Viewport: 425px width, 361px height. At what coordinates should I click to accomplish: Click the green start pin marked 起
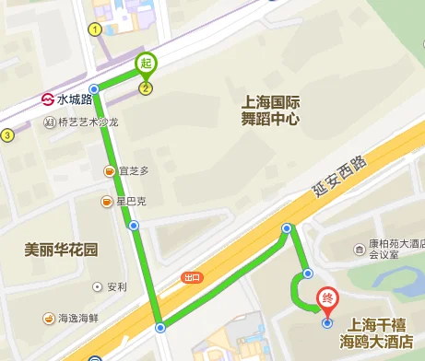click(x=145, y=64)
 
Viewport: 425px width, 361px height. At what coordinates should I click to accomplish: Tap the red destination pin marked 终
click(x=326, y=299)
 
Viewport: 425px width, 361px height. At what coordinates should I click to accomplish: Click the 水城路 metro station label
click(x=75, y=99)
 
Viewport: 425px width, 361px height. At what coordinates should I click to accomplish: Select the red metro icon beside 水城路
click(x=47, y=99)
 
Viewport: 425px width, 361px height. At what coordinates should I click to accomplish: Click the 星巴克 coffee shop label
click(x=131, y=202)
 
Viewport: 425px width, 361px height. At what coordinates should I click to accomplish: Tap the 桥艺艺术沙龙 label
click(x=88, y=122)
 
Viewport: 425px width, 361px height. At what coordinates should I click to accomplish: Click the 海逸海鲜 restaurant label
click(x=78, y=319)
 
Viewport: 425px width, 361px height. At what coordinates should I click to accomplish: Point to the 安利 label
click(x=116, y=286)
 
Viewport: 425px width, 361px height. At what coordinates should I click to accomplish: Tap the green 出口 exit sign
click(x=192, y=276)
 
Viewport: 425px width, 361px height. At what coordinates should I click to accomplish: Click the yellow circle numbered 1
click(x=94, y=29)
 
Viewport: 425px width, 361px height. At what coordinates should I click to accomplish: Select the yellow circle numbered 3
click(x=7, y=135)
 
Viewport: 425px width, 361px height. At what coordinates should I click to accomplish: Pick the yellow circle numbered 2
click(x=145, y=87)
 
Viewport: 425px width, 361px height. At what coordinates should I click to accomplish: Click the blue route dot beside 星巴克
click(x=134, y=225)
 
